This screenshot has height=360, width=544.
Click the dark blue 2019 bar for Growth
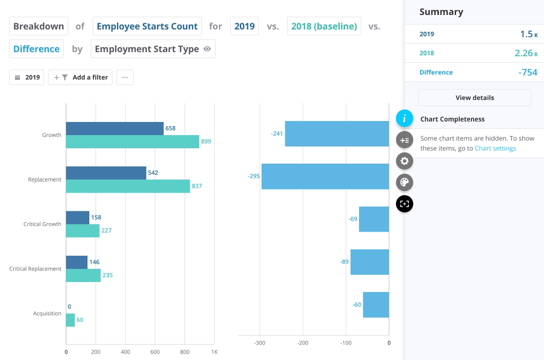click(x=115, y=129)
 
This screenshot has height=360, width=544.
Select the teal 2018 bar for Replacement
click(x=128, y=186)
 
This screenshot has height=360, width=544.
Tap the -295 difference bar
click(x=325, y=176)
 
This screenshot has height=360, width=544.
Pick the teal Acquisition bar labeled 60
click(x=70, y=320)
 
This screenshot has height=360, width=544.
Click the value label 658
click(x=170, y=128)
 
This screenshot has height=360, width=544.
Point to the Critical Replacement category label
click(x=35, y=269)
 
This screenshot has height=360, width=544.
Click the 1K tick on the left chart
click(x=214, y=352)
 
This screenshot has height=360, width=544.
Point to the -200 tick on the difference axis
click(x=302, y=343)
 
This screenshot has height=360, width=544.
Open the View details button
click(x=475, y=97)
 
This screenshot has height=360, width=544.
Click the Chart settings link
click(x=495, y=148)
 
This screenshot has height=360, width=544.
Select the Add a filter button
click(x=80, y=78)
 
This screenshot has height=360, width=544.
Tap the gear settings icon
click(x=404, y=161)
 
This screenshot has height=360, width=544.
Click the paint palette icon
click(x=404, y=183)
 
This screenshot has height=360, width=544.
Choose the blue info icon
click(x=404, y=119)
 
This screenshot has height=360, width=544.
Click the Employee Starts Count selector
click(x=147, y=26)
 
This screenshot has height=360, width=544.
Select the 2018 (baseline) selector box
click(x=324, y=26)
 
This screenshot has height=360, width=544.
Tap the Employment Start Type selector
click(x=153, y=49)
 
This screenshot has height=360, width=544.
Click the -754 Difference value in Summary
click(x=528, y=72)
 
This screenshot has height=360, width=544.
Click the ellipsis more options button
click(x=125, y=78)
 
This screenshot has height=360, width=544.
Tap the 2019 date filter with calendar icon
click(x=27, y=78)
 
